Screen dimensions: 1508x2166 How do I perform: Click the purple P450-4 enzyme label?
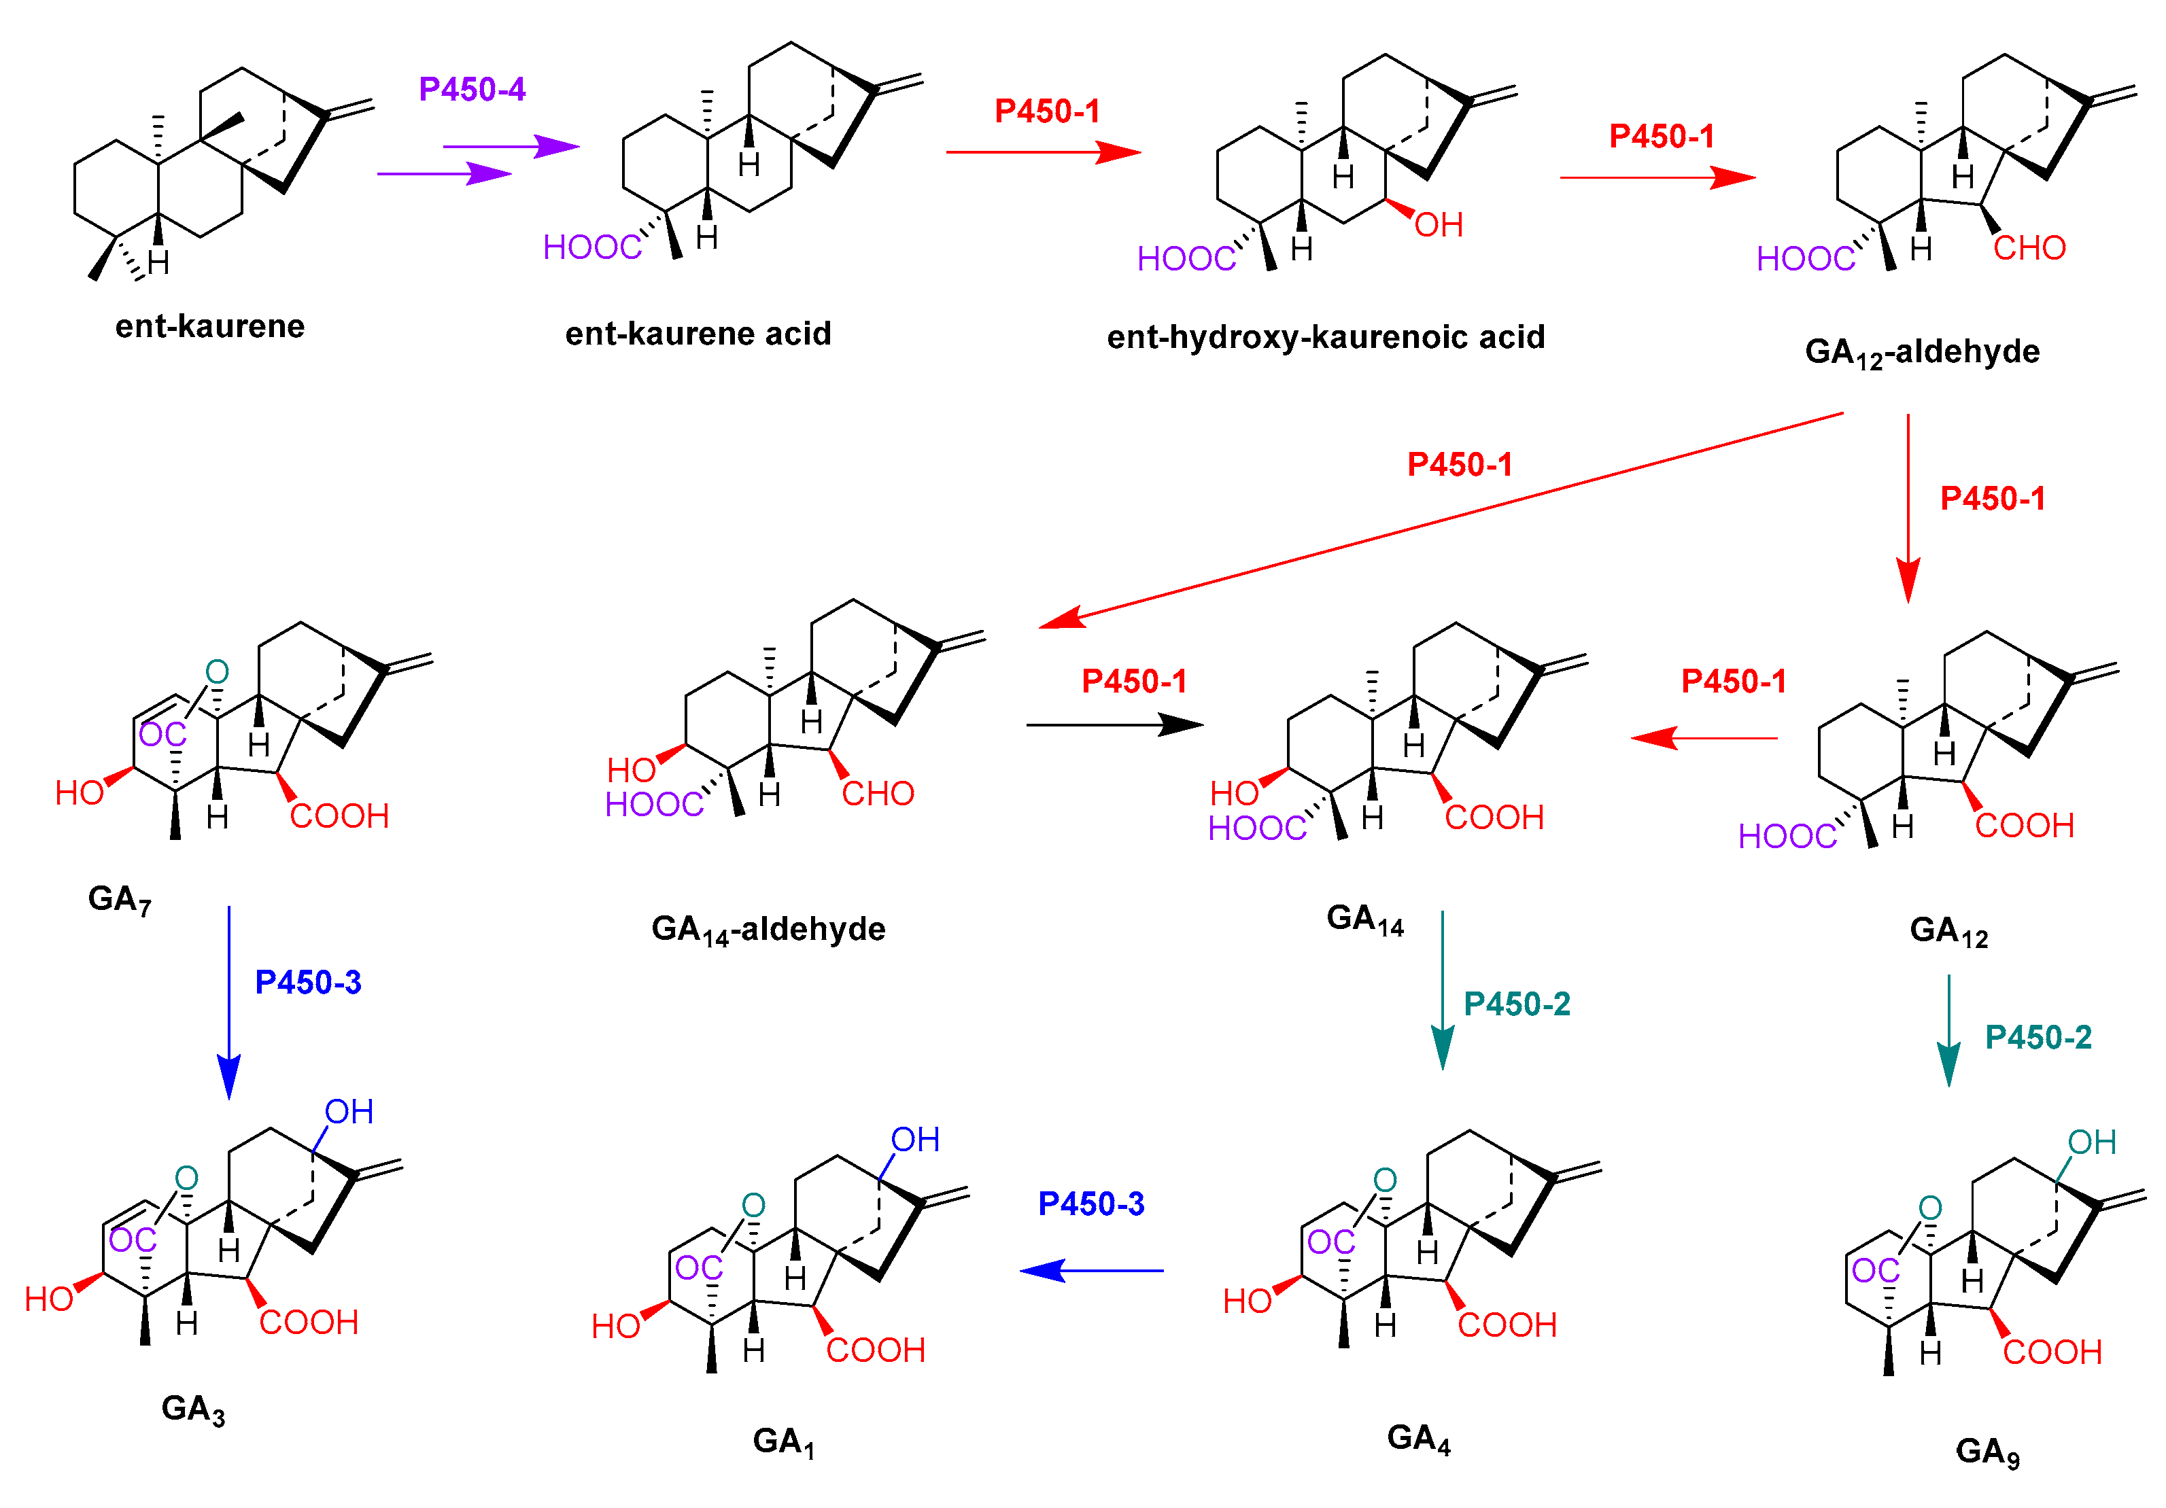tap(472, 90)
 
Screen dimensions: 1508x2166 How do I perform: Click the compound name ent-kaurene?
tap(209, 326)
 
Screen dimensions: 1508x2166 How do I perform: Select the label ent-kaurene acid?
tap(698, 334)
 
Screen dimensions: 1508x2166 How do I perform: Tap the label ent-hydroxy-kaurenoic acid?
tap(1326, 338)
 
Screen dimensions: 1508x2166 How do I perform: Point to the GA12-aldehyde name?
tap(1922, 353)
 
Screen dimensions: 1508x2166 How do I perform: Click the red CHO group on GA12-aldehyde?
tap(2029, 248)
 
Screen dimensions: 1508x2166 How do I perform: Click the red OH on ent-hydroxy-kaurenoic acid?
tap(1439, 226)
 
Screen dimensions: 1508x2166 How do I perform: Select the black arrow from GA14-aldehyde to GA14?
tap(1113, 724)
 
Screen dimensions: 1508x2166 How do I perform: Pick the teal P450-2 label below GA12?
tap(2038, 1038)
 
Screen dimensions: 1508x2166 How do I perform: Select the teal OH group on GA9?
tap(2091, 1142)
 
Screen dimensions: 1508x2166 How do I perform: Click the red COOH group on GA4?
tap(1507, 1325)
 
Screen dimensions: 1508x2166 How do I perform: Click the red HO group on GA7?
tap(80, 793)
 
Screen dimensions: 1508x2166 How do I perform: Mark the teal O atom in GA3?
tap(187, 1178)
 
